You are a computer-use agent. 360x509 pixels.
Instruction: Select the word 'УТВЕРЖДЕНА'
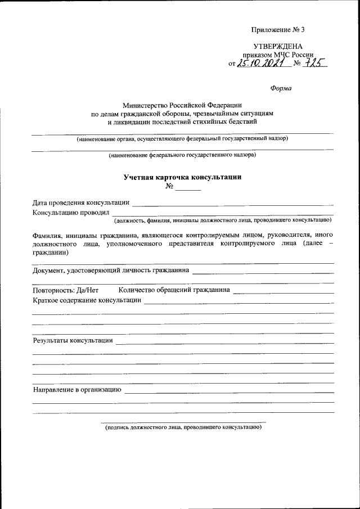tap(277, 47)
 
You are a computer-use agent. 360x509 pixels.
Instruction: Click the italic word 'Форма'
tap(281, 88)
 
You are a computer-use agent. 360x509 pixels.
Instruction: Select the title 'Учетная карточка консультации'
tap(183, 177)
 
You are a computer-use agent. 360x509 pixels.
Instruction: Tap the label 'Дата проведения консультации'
tap(81, 202)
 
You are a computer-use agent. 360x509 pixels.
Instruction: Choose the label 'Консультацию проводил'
tap(70, 213)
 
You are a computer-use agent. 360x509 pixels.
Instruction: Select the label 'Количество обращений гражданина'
tap(174, 290)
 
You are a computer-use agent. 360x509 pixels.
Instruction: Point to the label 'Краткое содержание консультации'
tap(87, 300)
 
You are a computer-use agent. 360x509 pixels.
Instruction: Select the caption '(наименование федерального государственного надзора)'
tap(183, 154)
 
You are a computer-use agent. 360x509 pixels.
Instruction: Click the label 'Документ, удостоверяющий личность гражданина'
tap(111, 270)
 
